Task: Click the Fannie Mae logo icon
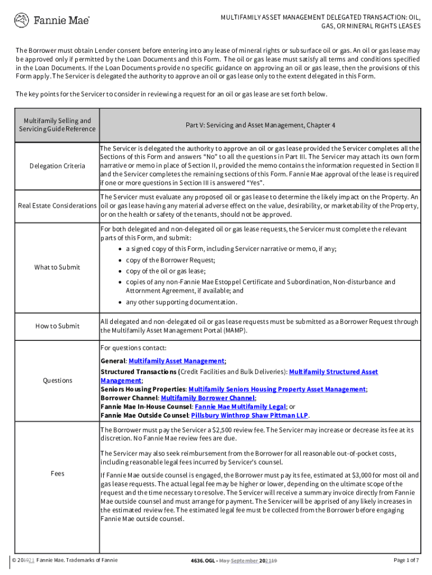(21, 21)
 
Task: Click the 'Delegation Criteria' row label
(58, 166)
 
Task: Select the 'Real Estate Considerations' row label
(57, 206)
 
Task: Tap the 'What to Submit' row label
(57, 267)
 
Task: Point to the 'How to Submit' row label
(58, 326)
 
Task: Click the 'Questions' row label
(58, 381)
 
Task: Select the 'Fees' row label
(58, 473)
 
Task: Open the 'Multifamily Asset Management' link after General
(177, 361)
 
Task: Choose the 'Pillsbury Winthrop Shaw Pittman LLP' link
(249, 416)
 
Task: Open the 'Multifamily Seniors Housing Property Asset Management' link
(277, 389)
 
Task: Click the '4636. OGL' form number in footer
(203, 560)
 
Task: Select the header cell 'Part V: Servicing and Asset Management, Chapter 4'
(260, 125)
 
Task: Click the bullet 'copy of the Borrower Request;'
(171, 260)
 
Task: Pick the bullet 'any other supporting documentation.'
(181, 302)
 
